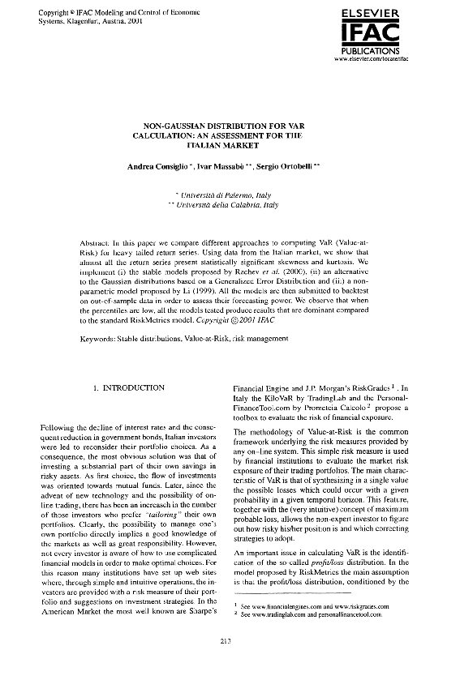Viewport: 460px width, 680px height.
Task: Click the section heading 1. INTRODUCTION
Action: coord(129,387)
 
